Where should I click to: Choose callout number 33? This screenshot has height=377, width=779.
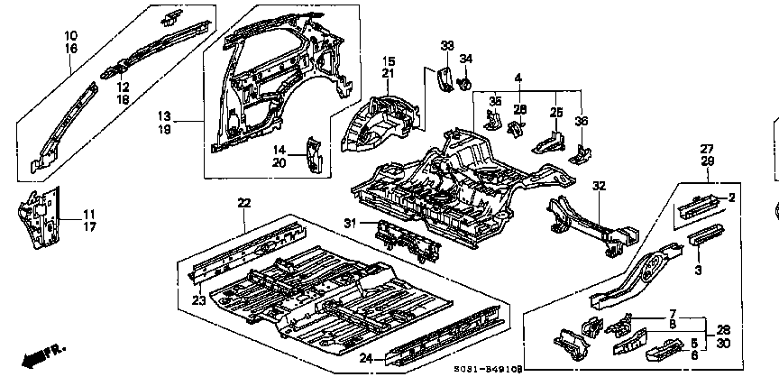446,45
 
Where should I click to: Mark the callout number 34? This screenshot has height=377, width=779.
466,60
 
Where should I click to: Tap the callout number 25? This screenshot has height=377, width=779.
556,112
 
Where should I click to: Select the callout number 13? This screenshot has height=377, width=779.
164,115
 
